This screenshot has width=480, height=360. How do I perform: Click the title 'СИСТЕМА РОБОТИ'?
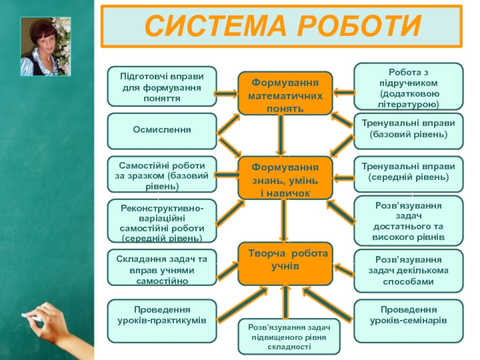click(x=281, y=26)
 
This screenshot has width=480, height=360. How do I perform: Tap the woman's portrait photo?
click(x=46, y=46)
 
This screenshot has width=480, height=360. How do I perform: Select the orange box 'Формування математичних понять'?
click(x=285, y=93)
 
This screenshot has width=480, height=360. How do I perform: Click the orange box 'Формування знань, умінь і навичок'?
click(x=285, y=178)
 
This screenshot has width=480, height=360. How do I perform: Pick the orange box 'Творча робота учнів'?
click(x=285, y=264)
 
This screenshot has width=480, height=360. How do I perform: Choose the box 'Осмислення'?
click(x=162, y=130)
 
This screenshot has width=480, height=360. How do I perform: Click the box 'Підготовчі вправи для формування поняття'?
click(x=162, y=87)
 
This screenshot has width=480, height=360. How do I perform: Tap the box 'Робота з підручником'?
click(x=409, y=87)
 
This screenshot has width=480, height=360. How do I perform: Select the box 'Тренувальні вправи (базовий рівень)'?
click(x=409, y=130)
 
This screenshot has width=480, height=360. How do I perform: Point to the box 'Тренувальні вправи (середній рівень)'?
click(x=409, y=173)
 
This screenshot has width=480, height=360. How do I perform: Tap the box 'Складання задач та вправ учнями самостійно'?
click(x=162, y=267)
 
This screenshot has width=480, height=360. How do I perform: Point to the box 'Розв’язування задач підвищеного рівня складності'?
click(x=290, y=336)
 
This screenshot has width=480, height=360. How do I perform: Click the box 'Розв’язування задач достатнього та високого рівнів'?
click(x=409, y=221)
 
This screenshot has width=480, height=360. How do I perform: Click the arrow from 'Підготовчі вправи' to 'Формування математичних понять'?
click(x=227, y=93)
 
